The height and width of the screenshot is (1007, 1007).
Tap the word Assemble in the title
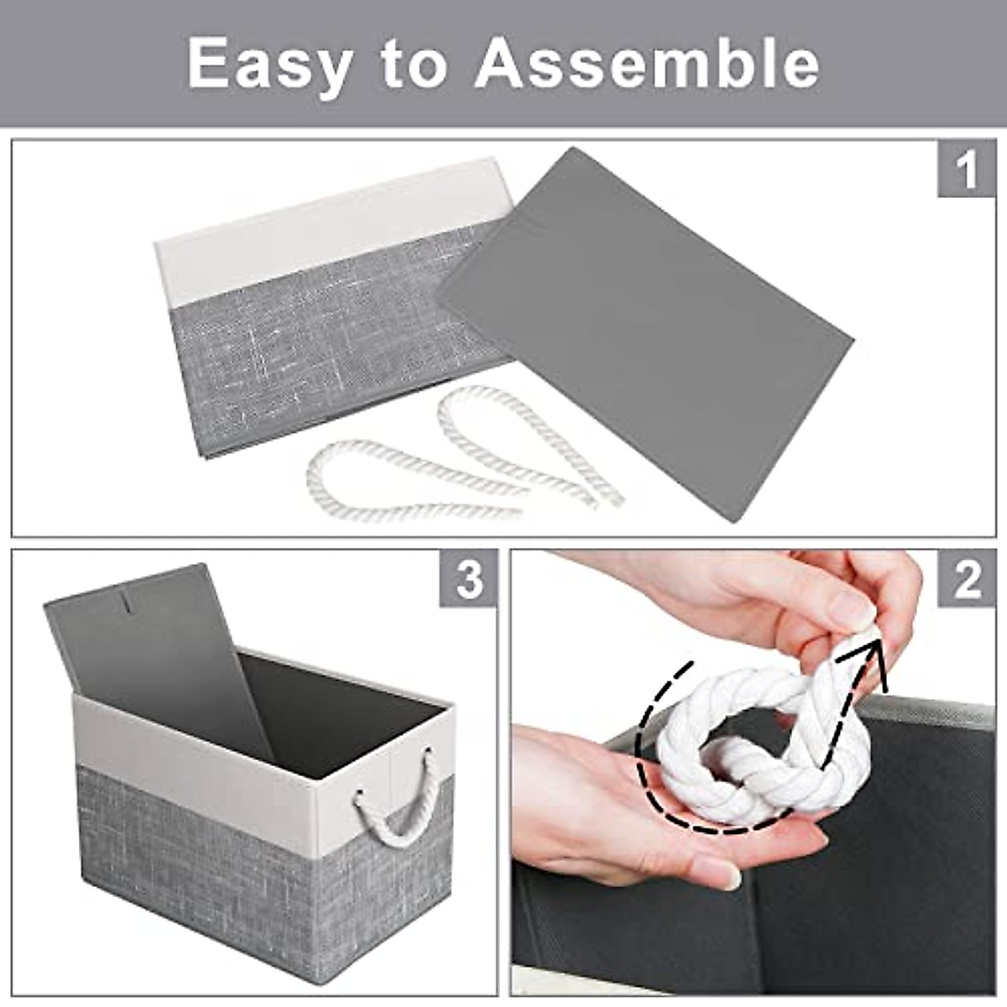point(647,64)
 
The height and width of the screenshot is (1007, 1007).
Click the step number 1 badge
point(966,170)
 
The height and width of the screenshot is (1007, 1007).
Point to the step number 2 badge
point(967,579)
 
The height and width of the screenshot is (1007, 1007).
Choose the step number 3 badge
point(469,579)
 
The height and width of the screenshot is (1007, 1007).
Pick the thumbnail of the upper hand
point(856,608)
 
